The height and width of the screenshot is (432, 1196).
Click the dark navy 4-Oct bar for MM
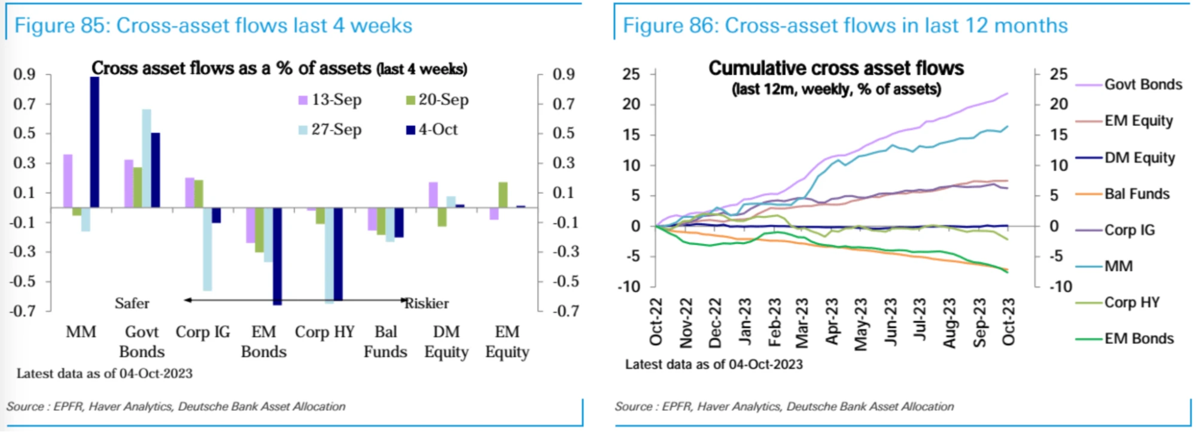coord(95,142)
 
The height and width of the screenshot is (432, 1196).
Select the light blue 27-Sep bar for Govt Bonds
coord(146,158)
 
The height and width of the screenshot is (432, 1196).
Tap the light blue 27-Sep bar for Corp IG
coord(207,249)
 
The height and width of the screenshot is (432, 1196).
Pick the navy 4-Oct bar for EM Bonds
coord(277,256)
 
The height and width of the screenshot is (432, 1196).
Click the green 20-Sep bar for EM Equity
coord(503,195)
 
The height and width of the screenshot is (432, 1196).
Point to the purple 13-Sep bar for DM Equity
coord(433,195)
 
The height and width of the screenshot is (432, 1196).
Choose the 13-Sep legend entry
coord(330,100)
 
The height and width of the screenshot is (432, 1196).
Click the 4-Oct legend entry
coord(432,130)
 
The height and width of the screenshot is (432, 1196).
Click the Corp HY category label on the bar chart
coord(324,332)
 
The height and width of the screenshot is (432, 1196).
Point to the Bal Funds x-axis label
coord(385,342)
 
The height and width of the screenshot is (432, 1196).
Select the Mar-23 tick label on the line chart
coord(802,323)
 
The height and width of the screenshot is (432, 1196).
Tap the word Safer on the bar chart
coord(132,304)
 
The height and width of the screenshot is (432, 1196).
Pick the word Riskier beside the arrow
coord(427,304)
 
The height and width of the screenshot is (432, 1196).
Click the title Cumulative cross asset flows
coord(836,69)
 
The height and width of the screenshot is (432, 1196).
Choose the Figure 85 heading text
coord(213,26)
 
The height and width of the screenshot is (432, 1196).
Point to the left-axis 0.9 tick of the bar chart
coord(25,75)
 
